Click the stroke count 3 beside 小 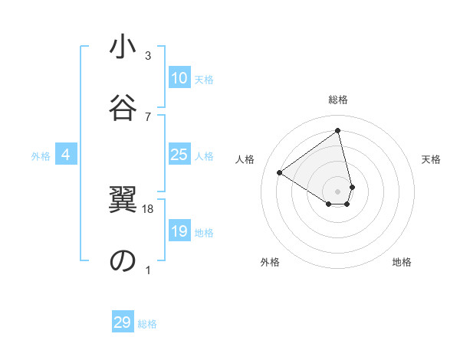148,56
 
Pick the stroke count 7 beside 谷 148,116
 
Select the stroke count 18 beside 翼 149,208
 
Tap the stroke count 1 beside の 148,270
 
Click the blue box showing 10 179,78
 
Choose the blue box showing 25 179,155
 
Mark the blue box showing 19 179,231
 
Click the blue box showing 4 66,155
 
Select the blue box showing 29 123,322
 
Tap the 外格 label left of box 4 41,156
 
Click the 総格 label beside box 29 147,324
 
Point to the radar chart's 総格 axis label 338,100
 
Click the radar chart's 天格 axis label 432,159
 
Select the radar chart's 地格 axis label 402,262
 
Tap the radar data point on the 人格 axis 280,172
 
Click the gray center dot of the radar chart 338,191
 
